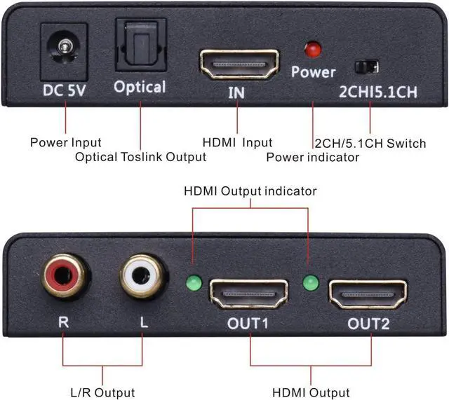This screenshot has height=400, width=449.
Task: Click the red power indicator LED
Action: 312,50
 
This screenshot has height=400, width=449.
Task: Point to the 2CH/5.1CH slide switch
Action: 368,67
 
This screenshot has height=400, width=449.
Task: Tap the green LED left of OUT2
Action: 310,284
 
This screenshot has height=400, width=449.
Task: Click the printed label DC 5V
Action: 65,90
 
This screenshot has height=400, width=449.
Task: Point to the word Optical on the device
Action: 140,87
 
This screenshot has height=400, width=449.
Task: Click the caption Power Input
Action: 65,143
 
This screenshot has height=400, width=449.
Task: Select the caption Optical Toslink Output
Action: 141,156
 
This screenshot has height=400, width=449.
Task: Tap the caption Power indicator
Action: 312,157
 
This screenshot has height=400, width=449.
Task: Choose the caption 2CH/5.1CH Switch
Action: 370,143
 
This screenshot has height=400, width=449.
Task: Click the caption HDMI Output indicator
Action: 250,191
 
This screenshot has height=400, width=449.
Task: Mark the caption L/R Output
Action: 103,392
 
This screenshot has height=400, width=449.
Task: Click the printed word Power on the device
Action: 314,72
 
